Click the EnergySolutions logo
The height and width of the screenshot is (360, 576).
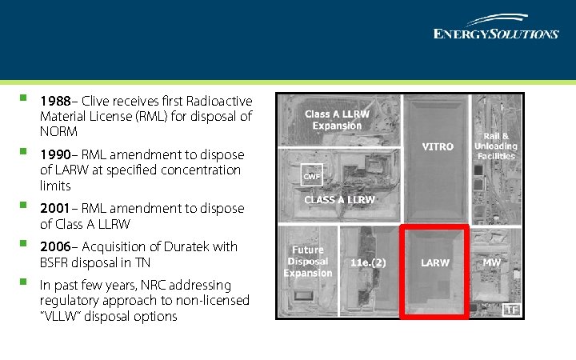(x=495, y=27)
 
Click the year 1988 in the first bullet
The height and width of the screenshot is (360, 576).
(x=54, y=101)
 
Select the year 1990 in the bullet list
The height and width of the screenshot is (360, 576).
(x=54, y=154)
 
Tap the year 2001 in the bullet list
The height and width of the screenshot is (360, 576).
(x=54, y=208)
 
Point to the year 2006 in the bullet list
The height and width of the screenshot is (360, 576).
(x=54, y=246)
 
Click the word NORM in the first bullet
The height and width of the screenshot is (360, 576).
(x=58, y=131)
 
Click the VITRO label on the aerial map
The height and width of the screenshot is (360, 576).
(x=438, y=147)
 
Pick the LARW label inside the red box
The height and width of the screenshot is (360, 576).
(x=435, y=262)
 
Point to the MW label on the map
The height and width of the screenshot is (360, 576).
(x=491, y=262)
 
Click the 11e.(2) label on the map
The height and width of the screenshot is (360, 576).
(x=368, y=262)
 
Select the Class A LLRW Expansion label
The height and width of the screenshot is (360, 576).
(x=337, y=120)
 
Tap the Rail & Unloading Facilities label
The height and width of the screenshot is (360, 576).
(x=496, y=146)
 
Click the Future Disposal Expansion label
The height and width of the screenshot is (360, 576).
(x=308, y=262)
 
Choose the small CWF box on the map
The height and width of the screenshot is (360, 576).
(x=311, y=176)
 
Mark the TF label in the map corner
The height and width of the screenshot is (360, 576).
(x=511, y=310)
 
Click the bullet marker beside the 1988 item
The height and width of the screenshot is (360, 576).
(x=25, y=100)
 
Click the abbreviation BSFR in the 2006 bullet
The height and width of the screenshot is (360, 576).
(x=56, y=262)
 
